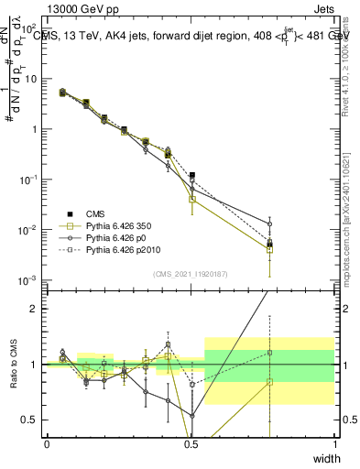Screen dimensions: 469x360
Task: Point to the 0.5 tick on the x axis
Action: pyautogui.click(x=191, y=444)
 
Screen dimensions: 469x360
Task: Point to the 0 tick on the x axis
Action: pyautogui.click(x=47, y=444)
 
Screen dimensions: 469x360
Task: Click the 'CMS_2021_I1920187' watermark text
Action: pyautogui.click(x=191, y=274)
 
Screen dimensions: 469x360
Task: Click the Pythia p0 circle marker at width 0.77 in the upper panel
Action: pyautogui.click(x=269, y=224)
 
